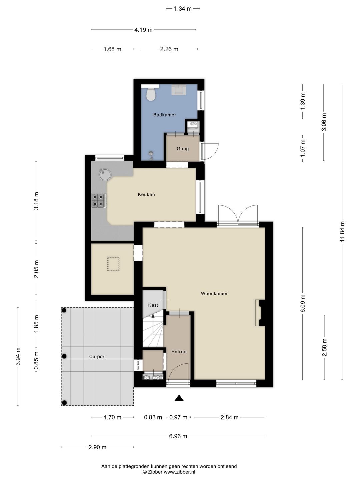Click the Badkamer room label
pyautogui.click(x=165, y=115)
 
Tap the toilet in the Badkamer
pyautogui.click(x=151, y=94)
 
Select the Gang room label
pyautogui.click(x=183, y=149)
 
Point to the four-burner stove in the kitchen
pyautogui.click(x=99, y=201)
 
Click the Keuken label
pyautogui.click(x=146, y=194)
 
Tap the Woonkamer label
pyautogui.click(x=214, y=293)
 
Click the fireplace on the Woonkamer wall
pyautogui.click(x=260, y=313)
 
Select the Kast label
pyautogui.click(x=153, y=305)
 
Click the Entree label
pyautogui.click(x=179, y=352)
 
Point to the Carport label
pyautogui.click(x=97, y=357)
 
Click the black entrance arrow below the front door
pyautogui.click(x=179, y=398)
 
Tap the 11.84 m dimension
pyautogui.click(x=342, y=231)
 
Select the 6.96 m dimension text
pyautogui.click(x=178, y=436)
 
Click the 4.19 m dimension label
pyautogui.click(x=143, y=30)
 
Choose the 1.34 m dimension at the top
pyautogui.click(x=183, y=9)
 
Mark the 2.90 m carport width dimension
pyautogui.click(x=97, y=447)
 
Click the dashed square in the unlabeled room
pyautogui.click(x=113, y=264)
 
